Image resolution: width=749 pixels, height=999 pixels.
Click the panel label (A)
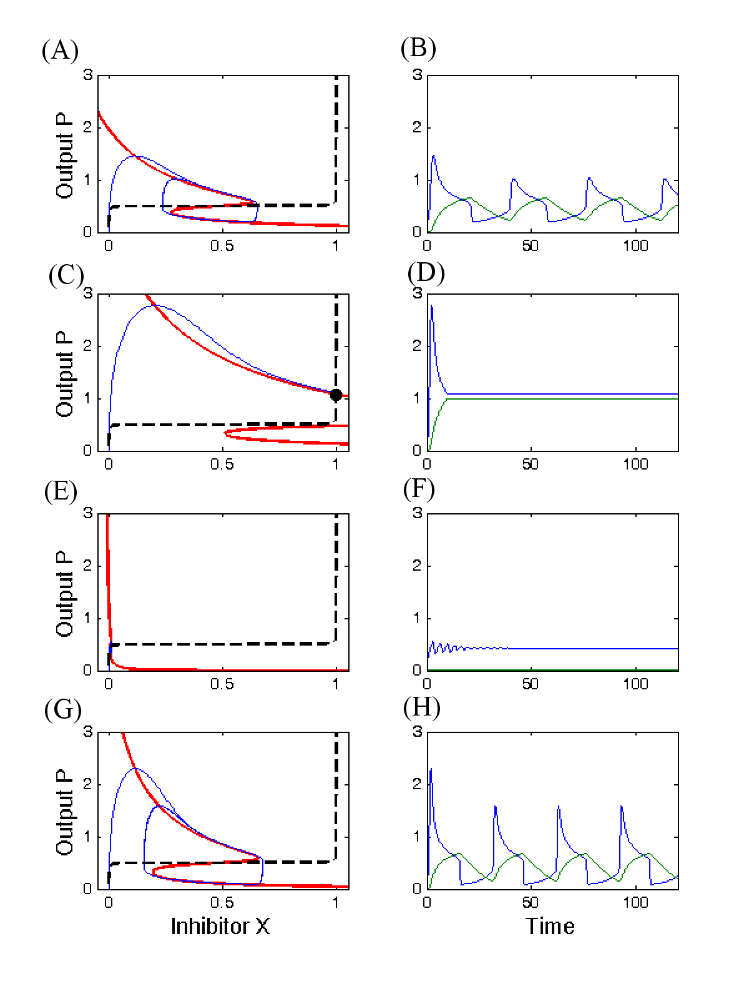(60, 51)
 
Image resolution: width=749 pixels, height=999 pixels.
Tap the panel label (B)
(418, 48)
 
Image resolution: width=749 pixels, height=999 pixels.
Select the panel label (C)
(66, 275)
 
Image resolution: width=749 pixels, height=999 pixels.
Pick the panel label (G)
(61, 710)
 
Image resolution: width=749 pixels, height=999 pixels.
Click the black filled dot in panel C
(336, 395)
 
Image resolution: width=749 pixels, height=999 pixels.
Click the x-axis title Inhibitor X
(220, 926)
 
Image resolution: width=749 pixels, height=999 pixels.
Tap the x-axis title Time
(550, 926)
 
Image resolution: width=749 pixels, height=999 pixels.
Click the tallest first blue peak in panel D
(431, 306)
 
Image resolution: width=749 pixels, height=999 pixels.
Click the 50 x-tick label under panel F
(530, 684)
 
